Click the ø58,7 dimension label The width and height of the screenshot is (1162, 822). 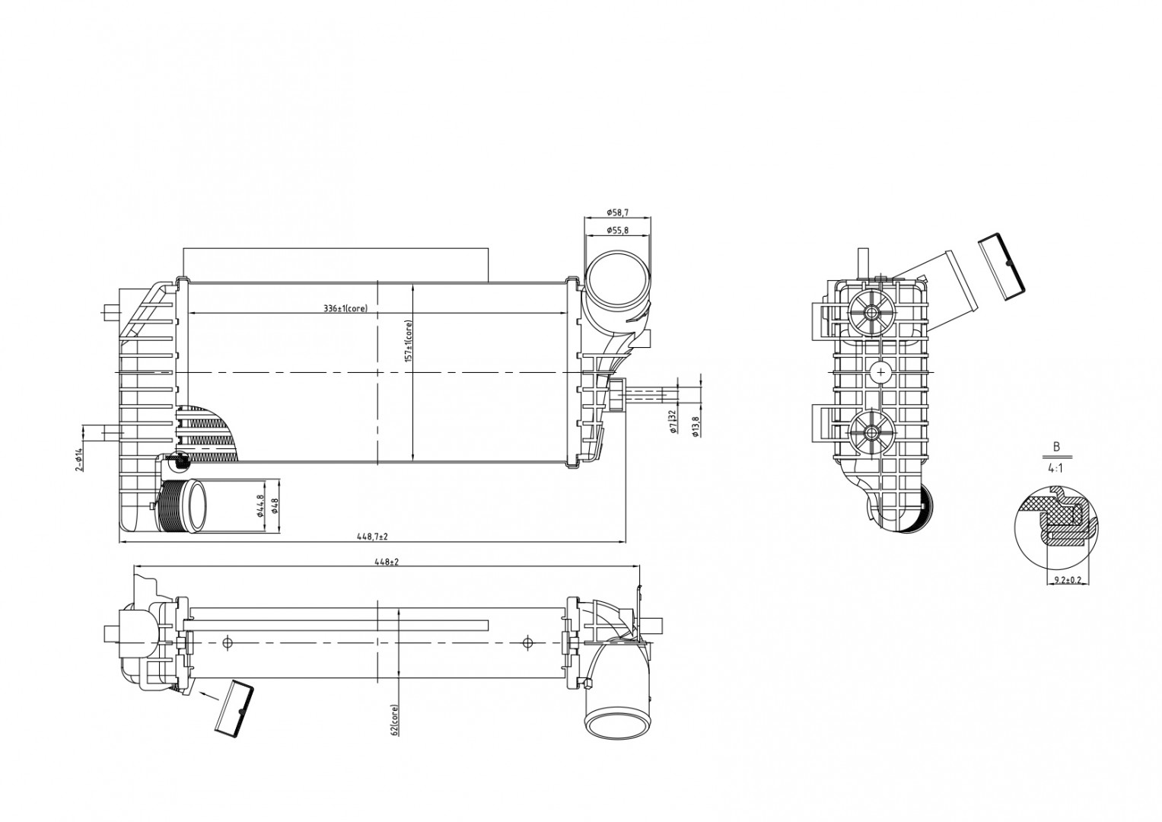pyautogui.click(x=617, y=212)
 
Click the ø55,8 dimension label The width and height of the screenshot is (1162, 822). pyautogui.click(x=617, y=231)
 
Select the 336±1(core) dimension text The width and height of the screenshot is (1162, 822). pyautogui.click(x=345, y=308)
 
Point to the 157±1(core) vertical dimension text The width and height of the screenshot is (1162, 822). pyautogui.click(x=408, y=341)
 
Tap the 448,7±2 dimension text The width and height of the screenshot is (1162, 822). pyautogui.click(x=373, y=537)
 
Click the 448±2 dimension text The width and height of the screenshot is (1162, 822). pyautogui.click(x=387, y=562)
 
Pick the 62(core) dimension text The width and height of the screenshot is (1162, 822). pyautogui.click(x=393, y=719)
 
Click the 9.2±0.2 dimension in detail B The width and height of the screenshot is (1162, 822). pyautogui.click(x=1068, y=580)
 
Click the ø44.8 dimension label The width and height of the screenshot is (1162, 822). pyautogui.click(x=261, y=505)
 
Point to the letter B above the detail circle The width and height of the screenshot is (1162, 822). pyautogui.click(x=1056, y=447)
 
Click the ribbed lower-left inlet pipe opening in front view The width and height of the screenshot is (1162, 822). pyautogui.click(x=197, y=505)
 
